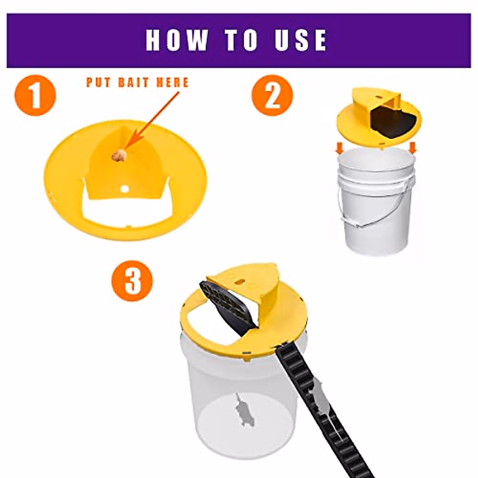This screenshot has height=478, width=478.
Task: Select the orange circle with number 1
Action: pyautogui.click(x=35, y=96)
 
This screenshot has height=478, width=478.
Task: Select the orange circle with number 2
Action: pyautogui.click(x=272, y=96)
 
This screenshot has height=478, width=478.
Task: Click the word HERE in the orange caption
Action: pyautogui.click(x=172, y=82)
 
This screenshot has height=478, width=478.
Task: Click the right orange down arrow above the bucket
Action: pyautogui.click(x=413, y=148)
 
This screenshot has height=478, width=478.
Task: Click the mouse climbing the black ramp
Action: pyautogui.click(x=321, y=398)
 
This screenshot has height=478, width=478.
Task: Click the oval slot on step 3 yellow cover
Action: pyautogui.click(x=240, y=281)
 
